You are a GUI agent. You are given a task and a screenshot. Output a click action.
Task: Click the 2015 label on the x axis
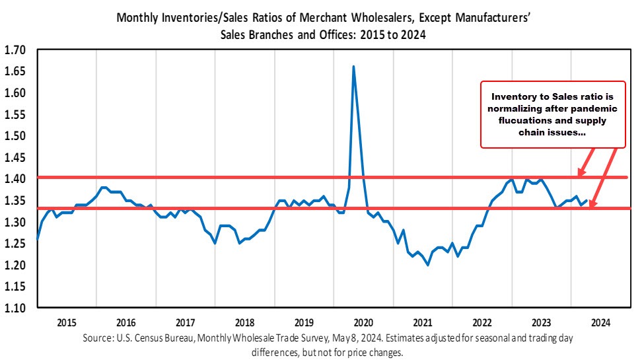[x=67, y=322]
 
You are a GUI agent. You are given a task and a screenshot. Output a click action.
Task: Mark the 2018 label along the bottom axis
[x=245, y=322]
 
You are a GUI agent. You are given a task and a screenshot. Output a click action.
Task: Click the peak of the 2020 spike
[x=354, y=67]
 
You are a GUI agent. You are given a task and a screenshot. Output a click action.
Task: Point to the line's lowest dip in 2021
[x=428, y=265]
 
